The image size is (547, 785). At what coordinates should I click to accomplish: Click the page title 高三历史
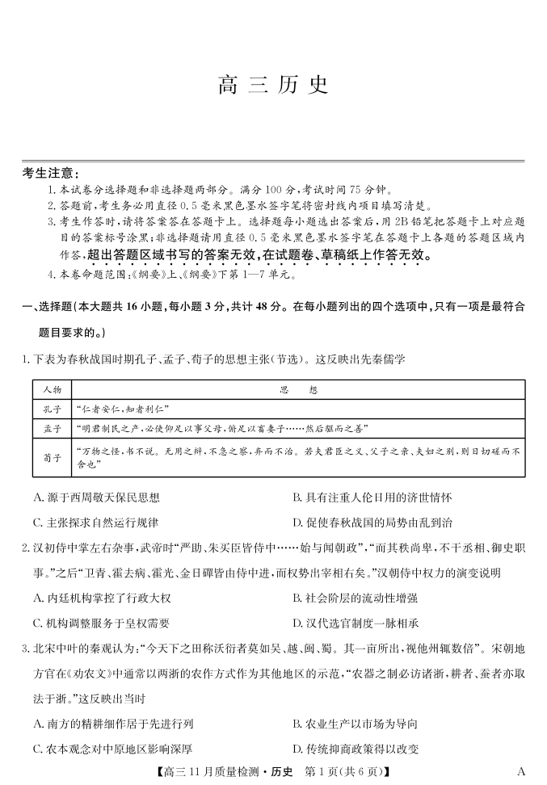[273, 86]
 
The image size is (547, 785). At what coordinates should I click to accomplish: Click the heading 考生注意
[51, 173]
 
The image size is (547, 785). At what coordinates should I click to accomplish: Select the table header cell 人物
[52, 389]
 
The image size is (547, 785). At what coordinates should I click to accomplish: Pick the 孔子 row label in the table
[52, 408]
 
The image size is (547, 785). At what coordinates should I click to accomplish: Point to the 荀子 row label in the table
[52, 456]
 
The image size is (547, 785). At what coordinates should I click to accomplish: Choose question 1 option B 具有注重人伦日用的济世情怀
[372, 497]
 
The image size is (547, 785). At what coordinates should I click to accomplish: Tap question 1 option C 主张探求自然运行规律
[96, 522]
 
